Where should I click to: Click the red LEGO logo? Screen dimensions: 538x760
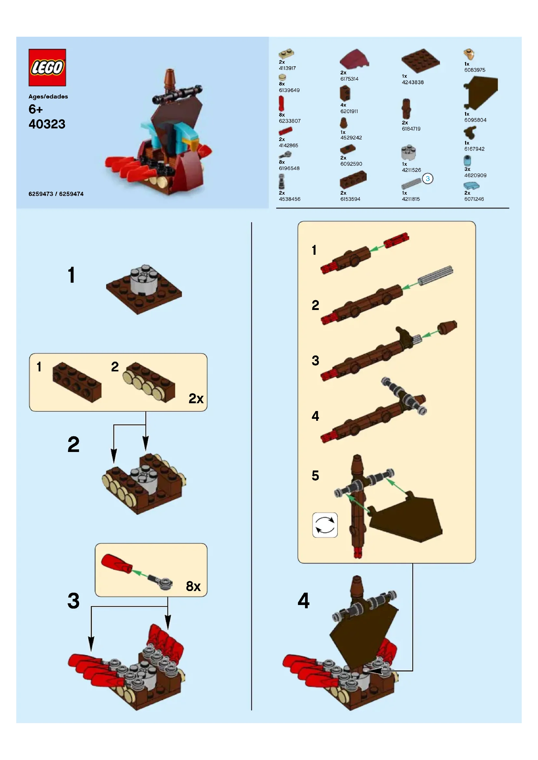coord(47,68)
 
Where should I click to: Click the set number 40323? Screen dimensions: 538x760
coord(47,124)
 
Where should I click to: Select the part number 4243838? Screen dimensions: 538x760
coord(412,82)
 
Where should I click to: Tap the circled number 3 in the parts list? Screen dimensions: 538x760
coord(427,179)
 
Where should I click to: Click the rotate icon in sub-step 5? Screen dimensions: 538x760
coord(325,525)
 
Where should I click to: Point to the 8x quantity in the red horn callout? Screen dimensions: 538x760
coord(193,586)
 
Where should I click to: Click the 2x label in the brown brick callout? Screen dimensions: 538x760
coord(196,399)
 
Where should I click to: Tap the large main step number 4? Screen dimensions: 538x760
coord(303,600)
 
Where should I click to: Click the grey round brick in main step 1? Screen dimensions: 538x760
coord(144,279)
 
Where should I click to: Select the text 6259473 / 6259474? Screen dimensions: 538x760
coord(56,194)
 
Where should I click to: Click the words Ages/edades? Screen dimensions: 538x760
coord(48,97)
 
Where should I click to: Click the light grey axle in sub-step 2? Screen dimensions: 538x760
coord(435,276)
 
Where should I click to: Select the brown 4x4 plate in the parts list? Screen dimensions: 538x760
coord(420,61)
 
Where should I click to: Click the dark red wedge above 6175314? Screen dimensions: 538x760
coord(354,59)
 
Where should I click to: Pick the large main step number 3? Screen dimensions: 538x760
coord(73,600)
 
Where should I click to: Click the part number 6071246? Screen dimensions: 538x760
coord(474,199)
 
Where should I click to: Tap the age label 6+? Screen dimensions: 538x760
coord(35,109)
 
